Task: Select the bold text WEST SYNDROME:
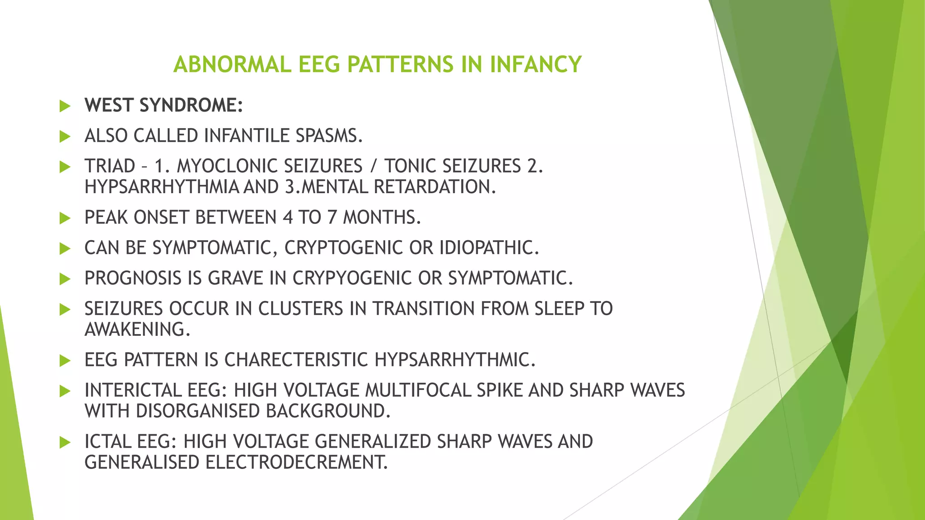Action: [164, 105]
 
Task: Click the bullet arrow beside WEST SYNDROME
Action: [65, 106]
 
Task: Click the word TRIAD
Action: [110, 166]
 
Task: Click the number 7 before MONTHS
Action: [332, 218]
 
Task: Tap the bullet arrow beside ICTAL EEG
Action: [65, 442]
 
